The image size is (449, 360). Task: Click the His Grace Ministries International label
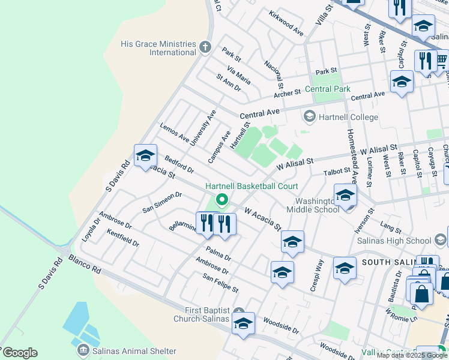tap(158, 48)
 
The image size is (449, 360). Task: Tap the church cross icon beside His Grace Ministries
tap(205, 47)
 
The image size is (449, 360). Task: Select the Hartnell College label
tap(348, 117)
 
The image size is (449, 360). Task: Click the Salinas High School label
tap(402, 241)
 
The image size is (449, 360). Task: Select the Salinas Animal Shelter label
tap(133, 351)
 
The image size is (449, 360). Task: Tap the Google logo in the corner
tap(19, 353)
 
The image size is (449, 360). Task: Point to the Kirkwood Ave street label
tap(286, 23)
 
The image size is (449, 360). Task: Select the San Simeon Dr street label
tap(161, 202)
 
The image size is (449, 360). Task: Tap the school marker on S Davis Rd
tap(145, 157)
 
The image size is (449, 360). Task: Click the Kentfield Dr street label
tap(122, 239)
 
